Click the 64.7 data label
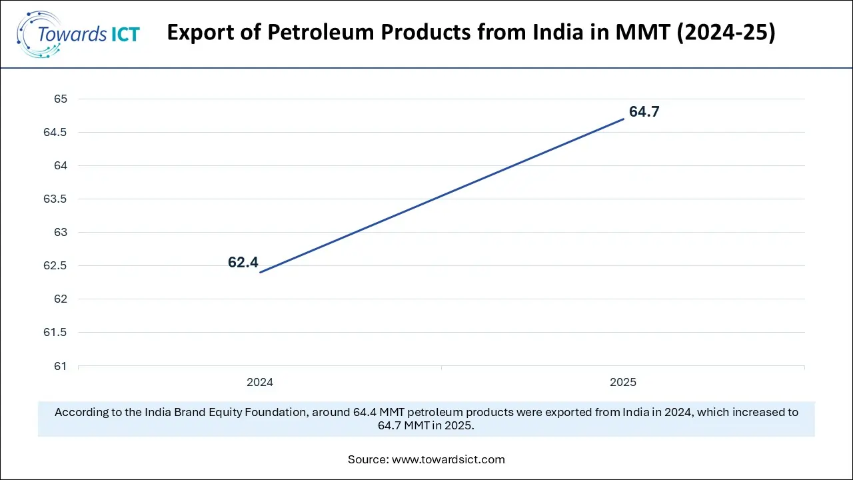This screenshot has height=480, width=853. click(644, 112)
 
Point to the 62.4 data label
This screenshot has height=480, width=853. click(243, 263)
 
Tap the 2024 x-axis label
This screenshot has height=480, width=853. click(260, 383)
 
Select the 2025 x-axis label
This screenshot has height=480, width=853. click(623, 383)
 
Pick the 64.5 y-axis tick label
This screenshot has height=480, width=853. click(56, 133)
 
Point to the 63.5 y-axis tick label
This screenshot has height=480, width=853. click(56, 199)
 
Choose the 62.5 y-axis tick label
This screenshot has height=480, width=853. click(56, 266)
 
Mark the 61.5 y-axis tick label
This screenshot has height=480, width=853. click(56, 333)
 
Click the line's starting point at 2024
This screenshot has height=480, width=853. click(260, 272)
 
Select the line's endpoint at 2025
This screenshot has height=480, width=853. click(624, 119)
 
